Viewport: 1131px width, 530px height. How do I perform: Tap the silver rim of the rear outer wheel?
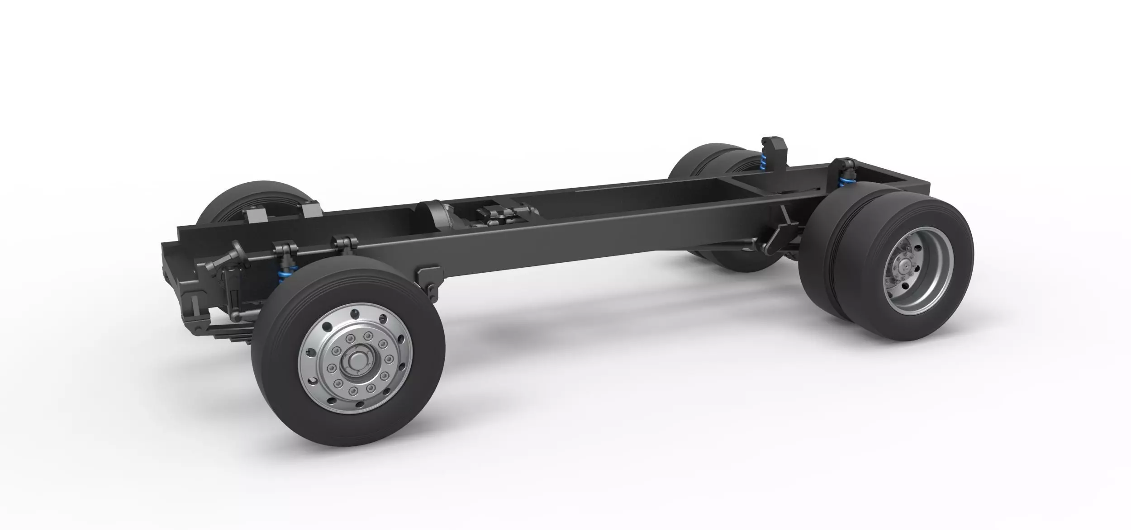(x=927, y=289)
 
